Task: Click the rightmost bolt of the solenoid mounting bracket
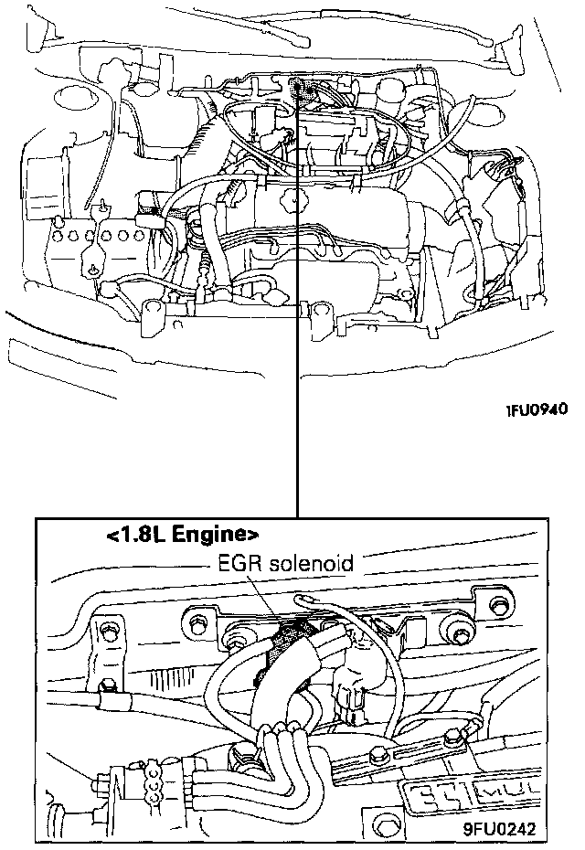[500, 607]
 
